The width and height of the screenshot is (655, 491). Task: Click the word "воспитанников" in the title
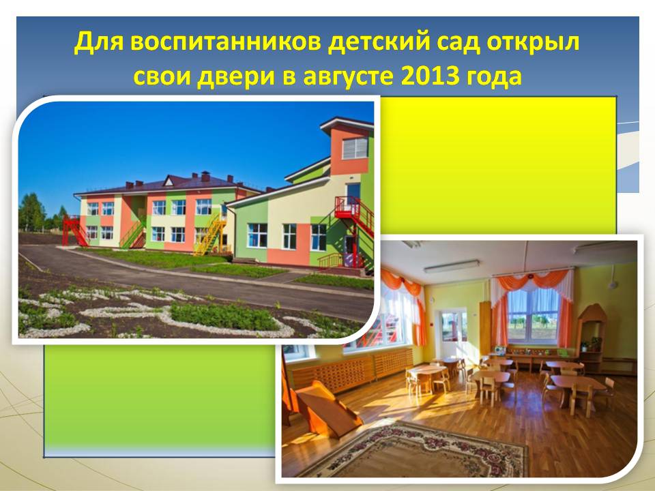pyautogui.click(x=226, y=42)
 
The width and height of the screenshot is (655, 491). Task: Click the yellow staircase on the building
pyautogui.click(x=211, y=234)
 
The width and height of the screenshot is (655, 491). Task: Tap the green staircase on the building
pyautogui.click(x=132, y=233)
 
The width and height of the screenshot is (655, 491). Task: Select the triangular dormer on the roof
pyautogui.click(x=169, y=180)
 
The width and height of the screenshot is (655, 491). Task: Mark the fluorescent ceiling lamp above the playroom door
pyautogui.click(x=452, y=267)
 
